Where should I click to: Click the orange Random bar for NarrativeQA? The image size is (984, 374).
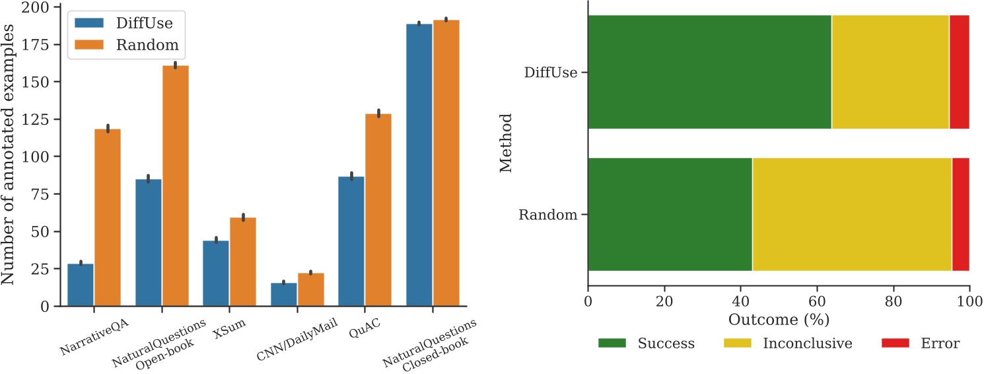[108, 217]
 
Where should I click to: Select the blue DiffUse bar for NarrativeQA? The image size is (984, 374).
[81, 285]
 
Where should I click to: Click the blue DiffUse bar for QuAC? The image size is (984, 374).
[351, 241]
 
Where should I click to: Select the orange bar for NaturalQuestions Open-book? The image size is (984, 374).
[176, 186]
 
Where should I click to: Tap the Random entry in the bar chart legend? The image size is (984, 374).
[125, 45]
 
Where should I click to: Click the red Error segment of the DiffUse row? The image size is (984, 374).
[959, 71]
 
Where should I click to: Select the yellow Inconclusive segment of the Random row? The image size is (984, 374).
[852, 214]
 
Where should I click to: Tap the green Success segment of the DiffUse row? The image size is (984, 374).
[709, 71]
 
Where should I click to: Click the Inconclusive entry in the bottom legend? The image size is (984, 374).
[793, 344]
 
